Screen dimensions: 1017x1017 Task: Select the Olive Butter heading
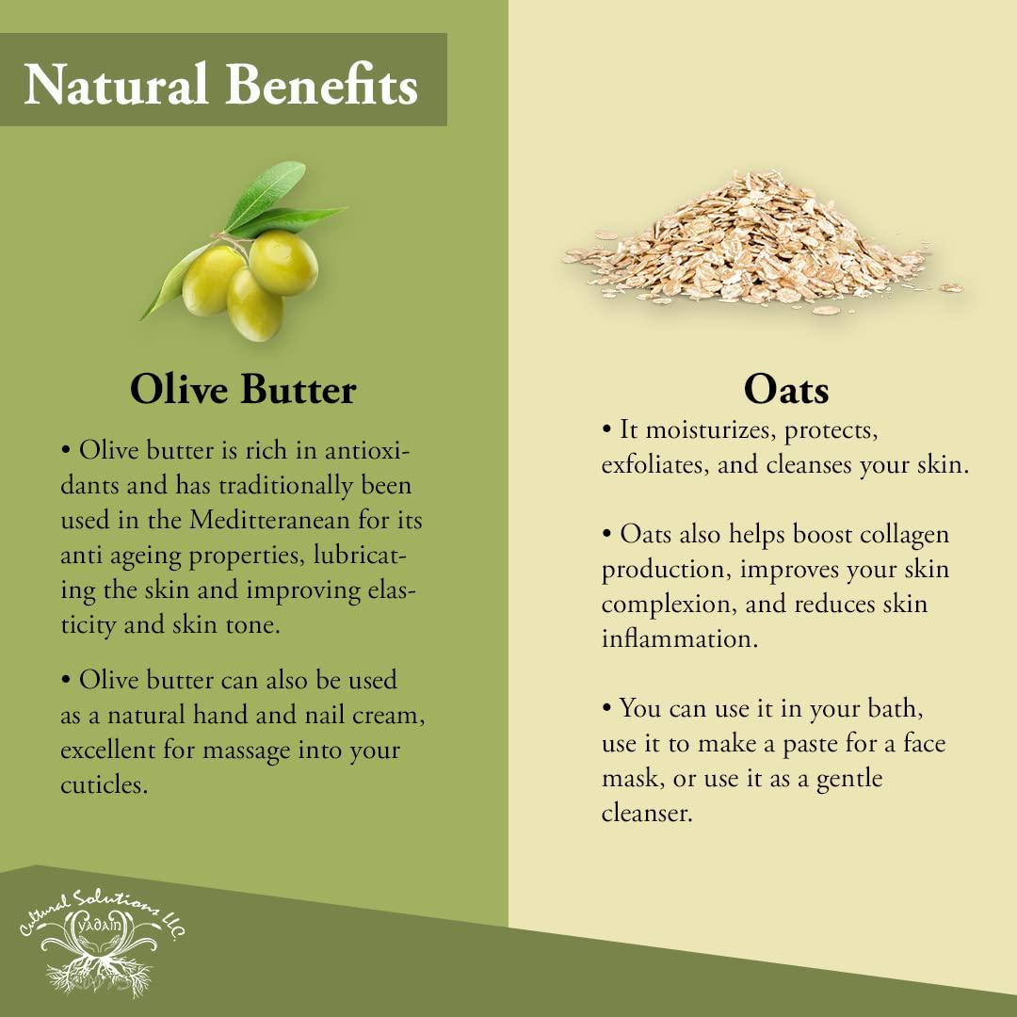point(243,390)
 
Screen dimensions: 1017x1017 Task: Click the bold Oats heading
point(785,390)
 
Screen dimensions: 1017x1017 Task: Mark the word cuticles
point(104,784)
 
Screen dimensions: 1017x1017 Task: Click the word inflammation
point(675,639)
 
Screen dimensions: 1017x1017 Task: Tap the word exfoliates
point(654,466)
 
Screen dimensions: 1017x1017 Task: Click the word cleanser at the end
point(647,814)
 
